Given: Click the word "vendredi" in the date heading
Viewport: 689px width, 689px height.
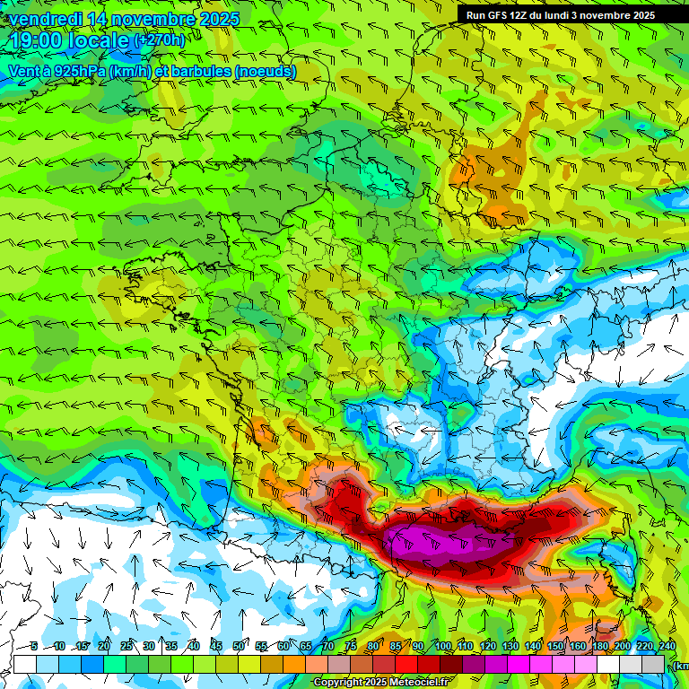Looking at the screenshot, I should click(44, 19).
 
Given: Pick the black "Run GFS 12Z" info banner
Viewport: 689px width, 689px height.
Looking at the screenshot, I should click(560, 15).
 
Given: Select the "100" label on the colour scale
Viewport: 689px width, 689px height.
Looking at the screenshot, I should click(442, 646).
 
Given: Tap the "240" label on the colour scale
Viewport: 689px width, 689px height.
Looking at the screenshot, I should click(667, 646).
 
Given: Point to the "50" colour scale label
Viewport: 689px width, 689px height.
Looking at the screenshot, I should click(239, 646).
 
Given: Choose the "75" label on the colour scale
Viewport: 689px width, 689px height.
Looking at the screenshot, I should click(351, 646).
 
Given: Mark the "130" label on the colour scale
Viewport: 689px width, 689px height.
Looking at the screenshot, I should click(510, 646).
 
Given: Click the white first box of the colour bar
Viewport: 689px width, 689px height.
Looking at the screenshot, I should click(24, 664).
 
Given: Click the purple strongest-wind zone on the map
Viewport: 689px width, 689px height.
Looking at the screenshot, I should click(431, 543).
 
